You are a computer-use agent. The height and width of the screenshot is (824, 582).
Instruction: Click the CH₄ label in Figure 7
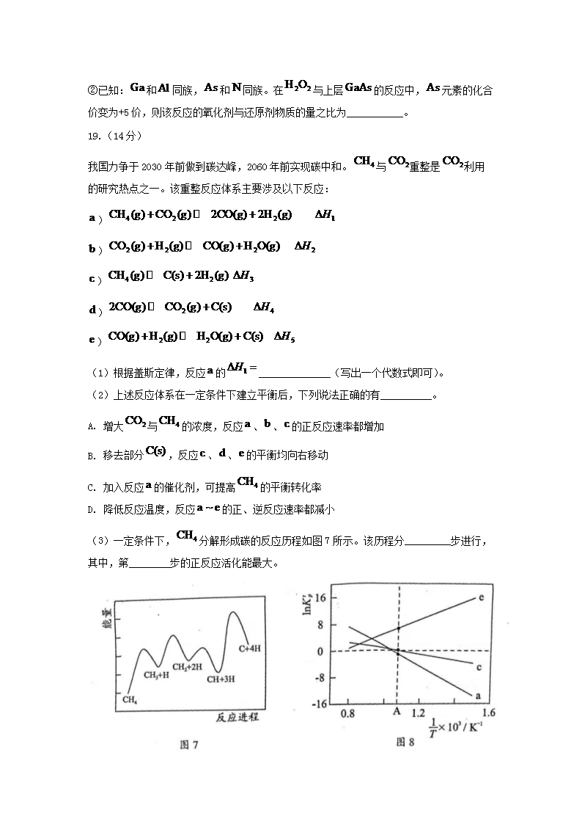coord(130,700)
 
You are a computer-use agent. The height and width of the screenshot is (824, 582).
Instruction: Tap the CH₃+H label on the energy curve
coord(156,675)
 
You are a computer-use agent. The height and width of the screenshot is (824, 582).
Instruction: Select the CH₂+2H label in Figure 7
coord(187,667)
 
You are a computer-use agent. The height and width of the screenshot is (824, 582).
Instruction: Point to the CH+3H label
coord(220,679)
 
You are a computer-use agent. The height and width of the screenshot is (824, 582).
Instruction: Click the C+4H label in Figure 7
coord(251,649)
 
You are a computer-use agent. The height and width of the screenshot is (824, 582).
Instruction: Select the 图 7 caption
coord(189,745)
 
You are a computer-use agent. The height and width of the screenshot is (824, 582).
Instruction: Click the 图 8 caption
coord(405,742)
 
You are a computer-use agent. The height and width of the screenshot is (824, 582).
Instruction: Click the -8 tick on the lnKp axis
coord(319,678)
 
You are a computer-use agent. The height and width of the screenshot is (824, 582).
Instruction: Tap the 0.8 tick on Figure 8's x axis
coord(349,713)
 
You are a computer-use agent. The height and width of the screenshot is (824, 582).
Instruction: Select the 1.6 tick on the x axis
coord(488,712)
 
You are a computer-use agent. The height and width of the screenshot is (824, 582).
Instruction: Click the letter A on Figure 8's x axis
coord(397,712)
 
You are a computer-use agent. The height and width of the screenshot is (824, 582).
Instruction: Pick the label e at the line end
coord(481,597)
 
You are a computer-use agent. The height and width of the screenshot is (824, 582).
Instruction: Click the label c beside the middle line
coord(478,667)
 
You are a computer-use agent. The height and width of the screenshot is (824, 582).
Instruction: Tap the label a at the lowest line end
coord(478,696)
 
